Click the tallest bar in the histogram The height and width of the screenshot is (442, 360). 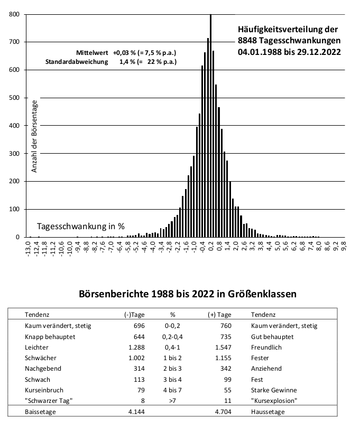click(x=210, y=126)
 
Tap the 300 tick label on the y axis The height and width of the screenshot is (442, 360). click(x=14, y=154)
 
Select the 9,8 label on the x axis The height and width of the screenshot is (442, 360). click(x=344, y=245)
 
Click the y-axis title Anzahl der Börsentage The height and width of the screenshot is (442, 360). click(x=34, y=136)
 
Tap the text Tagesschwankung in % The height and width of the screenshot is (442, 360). click(x=81, y=226)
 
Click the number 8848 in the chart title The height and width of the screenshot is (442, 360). click(x=247, y=41)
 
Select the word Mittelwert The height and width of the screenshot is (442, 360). click(x=92, y=53)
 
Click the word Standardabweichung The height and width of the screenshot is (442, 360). click(x=77, y=62)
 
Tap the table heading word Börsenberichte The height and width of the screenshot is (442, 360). click(x=114, y=294)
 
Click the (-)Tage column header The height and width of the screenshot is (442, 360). click(x=134, y=315)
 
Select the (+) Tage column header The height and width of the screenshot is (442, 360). click(x=219, y=315)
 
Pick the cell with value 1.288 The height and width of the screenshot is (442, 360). click(x=136, y=347)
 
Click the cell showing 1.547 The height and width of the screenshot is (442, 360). click(x=223, y=347)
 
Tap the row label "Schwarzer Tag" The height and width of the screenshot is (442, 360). click(x=49, y=401)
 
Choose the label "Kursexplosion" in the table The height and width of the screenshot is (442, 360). click(x=274, y=401)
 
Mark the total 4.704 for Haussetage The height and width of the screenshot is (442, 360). click(x=223, y=412)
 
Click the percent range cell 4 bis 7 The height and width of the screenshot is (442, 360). click(x=172, y=390)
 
